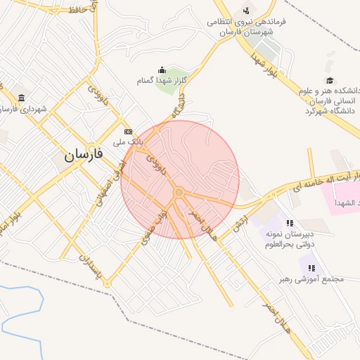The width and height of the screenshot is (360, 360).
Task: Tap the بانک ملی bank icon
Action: point(128,131)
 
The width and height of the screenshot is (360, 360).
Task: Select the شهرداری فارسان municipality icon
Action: point(22,98)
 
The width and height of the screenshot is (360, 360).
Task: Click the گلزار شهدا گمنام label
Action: point(162,81)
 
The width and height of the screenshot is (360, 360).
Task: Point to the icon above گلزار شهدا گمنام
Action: point(162,70)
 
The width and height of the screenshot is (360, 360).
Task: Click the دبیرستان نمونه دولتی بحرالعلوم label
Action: point(288,240)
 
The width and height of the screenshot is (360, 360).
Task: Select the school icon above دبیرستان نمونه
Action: point(290,223)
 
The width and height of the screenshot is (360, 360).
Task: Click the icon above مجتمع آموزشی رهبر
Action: point(311,267)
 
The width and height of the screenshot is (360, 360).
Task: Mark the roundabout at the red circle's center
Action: point(179,192)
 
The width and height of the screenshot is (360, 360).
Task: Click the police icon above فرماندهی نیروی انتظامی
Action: point(245,10)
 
